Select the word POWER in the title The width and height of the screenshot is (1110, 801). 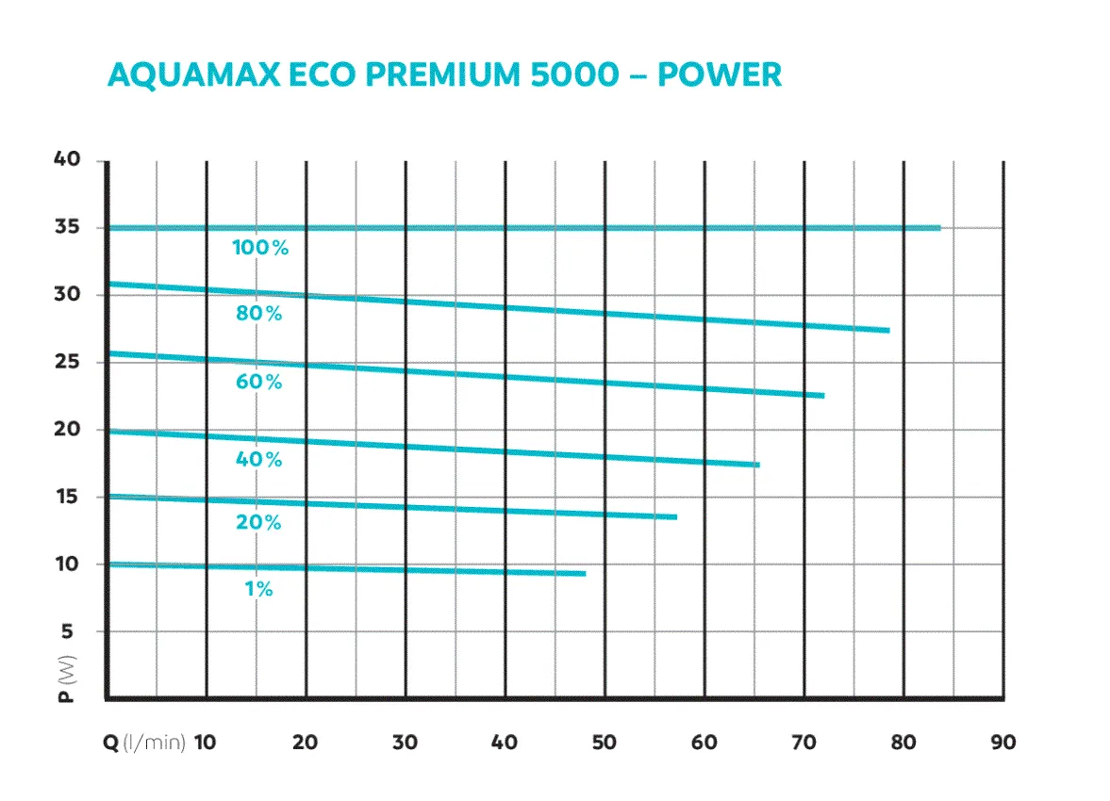click(x=720, y=74)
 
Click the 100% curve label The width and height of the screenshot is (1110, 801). click(x=260, y=249)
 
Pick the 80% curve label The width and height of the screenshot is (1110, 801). click(x=259, y=314)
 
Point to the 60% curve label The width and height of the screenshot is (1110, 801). click(x=259, y=382)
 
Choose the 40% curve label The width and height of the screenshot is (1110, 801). click(x=259, y=460)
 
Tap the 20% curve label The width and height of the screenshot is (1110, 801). click(x=259, y=522)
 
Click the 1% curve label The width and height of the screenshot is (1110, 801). click(x=258, y=589)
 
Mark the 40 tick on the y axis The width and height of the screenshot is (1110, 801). click(x=67, y=160)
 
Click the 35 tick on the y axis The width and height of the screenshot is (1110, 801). click(x=67, y=227)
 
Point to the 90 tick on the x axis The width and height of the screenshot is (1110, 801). click(x=1003, y=742)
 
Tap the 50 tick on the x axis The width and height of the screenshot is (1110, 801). click(x=605, y=742)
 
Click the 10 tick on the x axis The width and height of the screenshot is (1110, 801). click(x=205, y=742)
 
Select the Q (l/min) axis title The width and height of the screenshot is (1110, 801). click(x=144, y=742)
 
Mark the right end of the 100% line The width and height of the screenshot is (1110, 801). click(x=939, y=227)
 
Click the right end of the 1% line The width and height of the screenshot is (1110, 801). click(x=585, y=573)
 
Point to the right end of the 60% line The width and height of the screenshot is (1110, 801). click(x=823, y=396)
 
